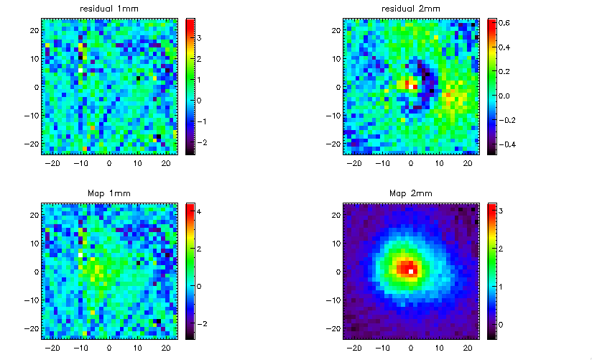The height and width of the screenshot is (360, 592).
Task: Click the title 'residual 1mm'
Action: point(109,9)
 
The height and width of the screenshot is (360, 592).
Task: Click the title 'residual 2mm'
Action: point(411,9)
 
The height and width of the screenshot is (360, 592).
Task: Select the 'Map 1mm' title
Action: point(109,193)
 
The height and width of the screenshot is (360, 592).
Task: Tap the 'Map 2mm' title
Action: point(411,193)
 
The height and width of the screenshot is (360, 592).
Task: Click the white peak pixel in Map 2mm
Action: point(411,272)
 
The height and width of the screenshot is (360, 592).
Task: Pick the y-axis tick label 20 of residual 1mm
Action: point(34,29)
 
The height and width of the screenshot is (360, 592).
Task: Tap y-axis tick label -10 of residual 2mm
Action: point(332,116)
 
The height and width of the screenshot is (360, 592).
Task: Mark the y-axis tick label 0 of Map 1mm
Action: point(36,272)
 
